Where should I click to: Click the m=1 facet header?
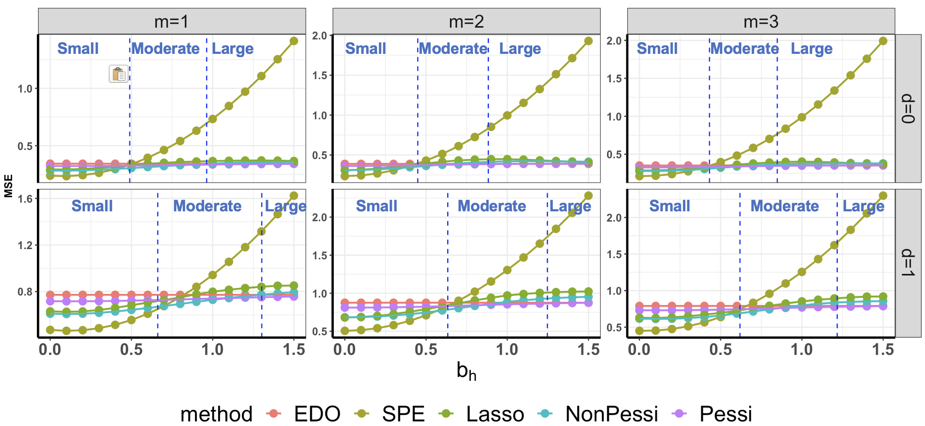tap(172, 21)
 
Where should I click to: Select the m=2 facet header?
tap(466, 21)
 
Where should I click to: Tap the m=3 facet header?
tap(761, 21)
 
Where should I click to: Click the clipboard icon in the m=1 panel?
tap(119, 74)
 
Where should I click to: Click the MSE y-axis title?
tap(8, 186)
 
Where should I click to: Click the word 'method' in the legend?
tap(216, 414)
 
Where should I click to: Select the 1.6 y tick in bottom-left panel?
tap(25, 199)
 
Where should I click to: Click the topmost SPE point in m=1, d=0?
tap(294, 41)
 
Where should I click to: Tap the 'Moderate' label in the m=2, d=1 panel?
tap(492, 206)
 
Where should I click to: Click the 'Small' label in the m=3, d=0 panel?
tap(657, 48)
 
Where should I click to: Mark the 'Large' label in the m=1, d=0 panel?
tap(232, 49)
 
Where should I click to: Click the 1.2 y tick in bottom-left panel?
tap(25, 245)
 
